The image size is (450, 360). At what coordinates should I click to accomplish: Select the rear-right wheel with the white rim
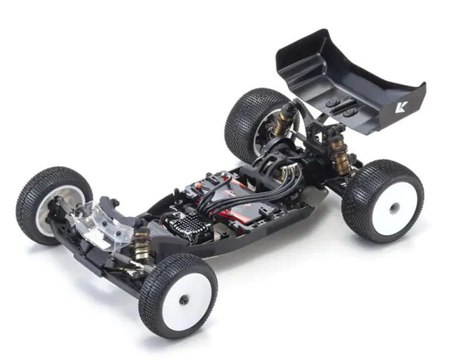[x=382, y=201]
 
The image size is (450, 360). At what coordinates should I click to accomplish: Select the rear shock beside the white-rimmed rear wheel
[x=340, y=155]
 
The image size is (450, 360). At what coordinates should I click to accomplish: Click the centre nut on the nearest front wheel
[x=185, y=299]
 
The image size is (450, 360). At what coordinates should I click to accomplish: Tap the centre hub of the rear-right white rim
[x=394, y=207]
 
